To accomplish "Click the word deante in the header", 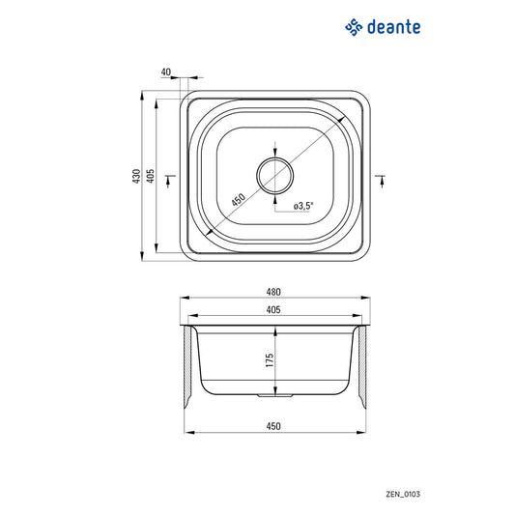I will [394, 27].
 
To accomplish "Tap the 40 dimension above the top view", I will [166, 72].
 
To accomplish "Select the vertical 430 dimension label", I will [137, 176].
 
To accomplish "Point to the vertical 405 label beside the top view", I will [151, 176].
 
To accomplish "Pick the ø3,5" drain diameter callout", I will [302, 205].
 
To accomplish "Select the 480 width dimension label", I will [273, 292].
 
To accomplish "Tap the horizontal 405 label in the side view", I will [273, 310].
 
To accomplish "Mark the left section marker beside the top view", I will [171, 176].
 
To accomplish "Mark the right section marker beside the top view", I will [380, 176].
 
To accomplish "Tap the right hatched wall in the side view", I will [361, 367].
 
